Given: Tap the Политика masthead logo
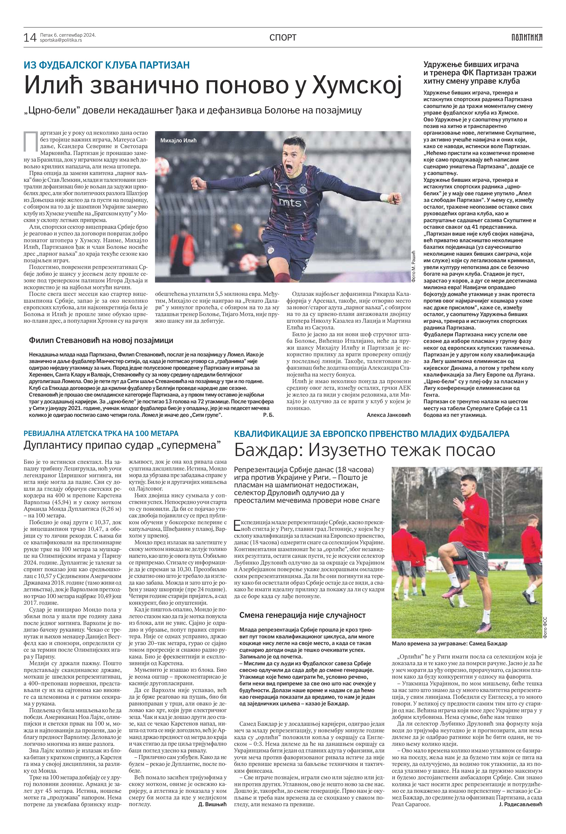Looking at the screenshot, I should (x=527, y=37).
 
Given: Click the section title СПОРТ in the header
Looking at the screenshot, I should (x=283, y=37).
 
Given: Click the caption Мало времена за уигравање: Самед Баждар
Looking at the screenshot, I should (x=449, y=643).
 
